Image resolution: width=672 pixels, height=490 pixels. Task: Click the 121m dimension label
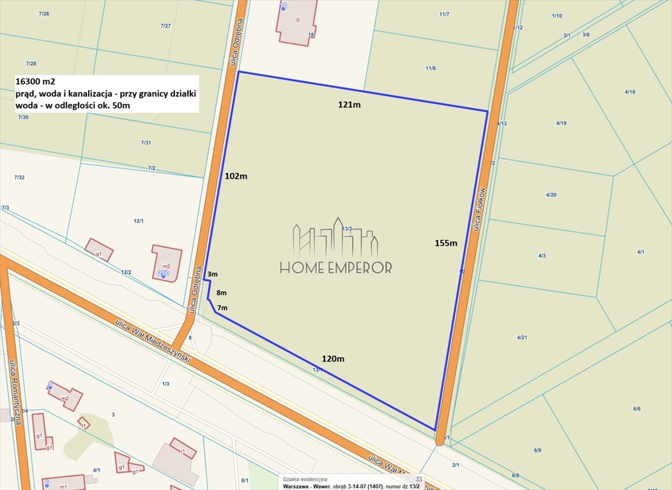(349, 105)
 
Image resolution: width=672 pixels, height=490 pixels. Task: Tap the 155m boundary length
(446, 242)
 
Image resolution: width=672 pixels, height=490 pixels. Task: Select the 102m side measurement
(236, 176)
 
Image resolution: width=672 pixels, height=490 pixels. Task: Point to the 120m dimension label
(333, 359)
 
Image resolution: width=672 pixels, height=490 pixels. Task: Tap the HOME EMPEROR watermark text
(336, 268)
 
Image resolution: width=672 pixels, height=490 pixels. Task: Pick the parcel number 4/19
(561, 123)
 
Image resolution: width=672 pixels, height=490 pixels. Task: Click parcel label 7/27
(165, 26)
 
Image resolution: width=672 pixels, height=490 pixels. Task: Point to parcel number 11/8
(431, 68)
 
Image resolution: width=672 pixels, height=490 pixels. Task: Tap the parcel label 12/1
(138, 221)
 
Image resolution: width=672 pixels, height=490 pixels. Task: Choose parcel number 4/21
(522, 337)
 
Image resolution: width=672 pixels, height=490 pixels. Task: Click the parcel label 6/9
(537, 450)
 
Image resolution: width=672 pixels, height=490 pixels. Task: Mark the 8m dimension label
(222, 293)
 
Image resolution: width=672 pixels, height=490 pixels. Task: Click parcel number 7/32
(19, 177)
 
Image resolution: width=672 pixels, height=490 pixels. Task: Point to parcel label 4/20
(551, 195)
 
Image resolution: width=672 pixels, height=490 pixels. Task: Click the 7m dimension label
(222, 308)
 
